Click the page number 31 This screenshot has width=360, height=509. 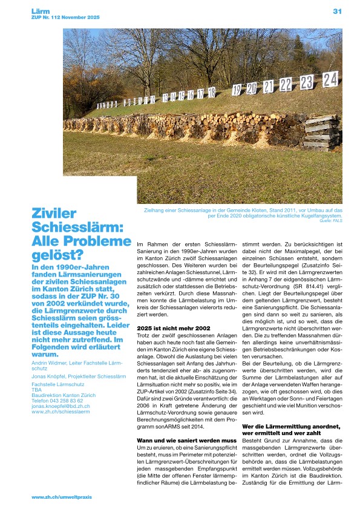337,11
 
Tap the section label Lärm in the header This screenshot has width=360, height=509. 40,11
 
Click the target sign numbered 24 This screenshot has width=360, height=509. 330,79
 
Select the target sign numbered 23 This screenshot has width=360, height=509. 307,82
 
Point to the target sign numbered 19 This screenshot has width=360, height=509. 237,90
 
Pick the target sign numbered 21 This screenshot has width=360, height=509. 269,87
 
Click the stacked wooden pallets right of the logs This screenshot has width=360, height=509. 322,134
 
